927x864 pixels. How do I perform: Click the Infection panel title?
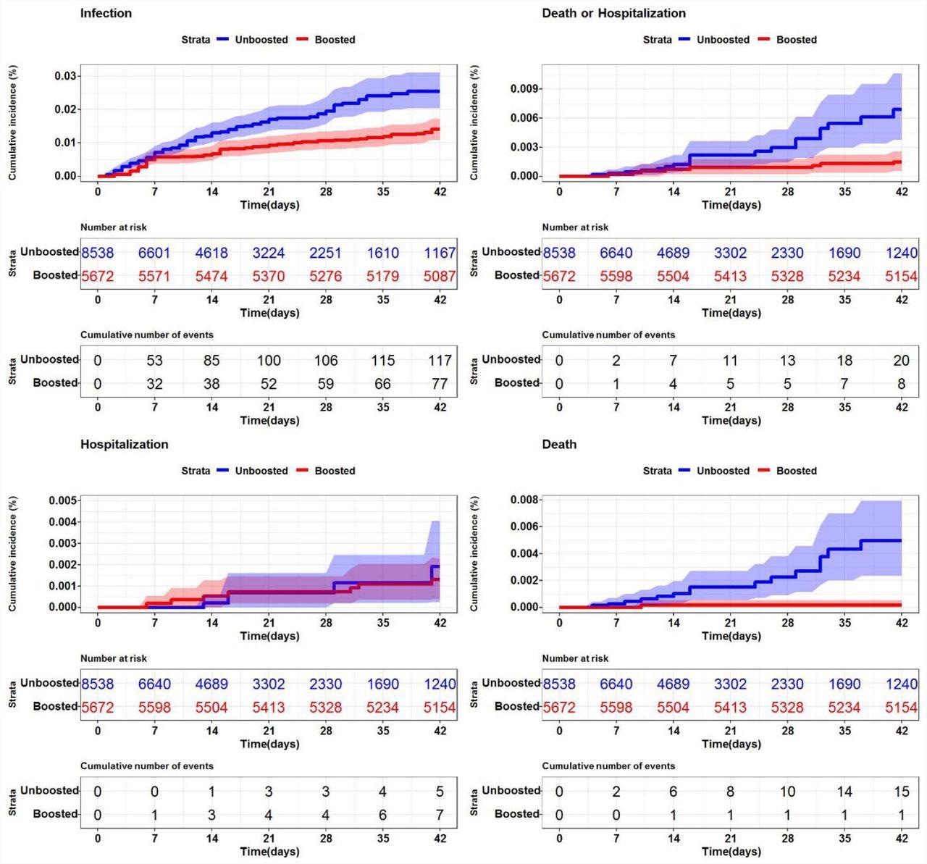106,13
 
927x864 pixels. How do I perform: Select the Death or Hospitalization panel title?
613,13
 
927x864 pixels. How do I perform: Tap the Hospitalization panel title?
124,444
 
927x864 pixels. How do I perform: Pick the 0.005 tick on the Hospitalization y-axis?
63,500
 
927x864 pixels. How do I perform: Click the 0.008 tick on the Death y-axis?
525,500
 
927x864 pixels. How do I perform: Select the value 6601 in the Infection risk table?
154,253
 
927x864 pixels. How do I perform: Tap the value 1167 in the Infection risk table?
440,253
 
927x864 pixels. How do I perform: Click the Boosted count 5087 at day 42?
440,276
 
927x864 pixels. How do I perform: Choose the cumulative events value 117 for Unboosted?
440,360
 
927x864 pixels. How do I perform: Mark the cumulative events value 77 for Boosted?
440,384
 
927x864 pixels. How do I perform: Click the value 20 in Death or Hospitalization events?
901,360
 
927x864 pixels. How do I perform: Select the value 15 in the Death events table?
901,792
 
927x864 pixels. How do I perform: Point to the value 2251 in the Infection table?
326,253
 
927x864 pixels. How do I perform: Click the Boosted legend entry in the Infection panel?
334,40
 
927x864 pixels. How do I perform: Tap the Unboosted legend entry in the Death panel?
722,471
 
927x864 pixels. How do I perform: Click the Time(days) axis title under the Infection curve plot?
269,205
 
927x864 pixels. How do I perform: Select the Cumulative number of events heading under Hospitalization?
147,766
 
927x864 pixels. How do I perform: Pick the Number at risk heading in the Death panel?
575,658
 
